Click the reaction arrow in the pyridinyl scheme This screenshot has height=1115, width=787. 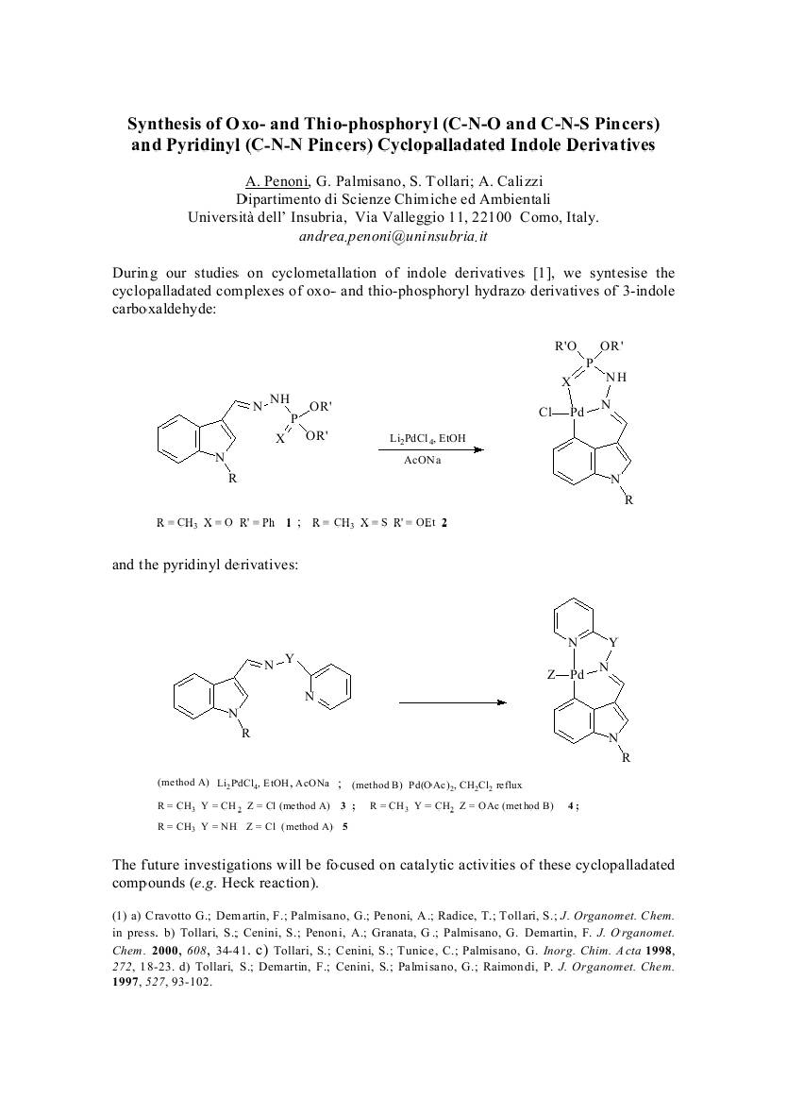tap(453, 703)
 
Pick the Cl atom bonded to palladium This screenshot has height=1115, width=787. tap(545, 413)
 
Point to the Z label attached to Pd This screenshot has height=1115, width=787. tap(550, 675)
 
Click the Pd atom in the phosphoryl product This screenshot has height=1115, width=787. tap(578, 413)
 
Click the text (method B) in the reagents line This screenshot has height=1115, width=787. tap(377, 786)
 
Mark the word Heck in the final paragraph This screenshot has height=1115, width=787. tap(237, 884)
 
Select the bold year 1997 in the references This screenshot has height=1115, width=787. tap(126, 982)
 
